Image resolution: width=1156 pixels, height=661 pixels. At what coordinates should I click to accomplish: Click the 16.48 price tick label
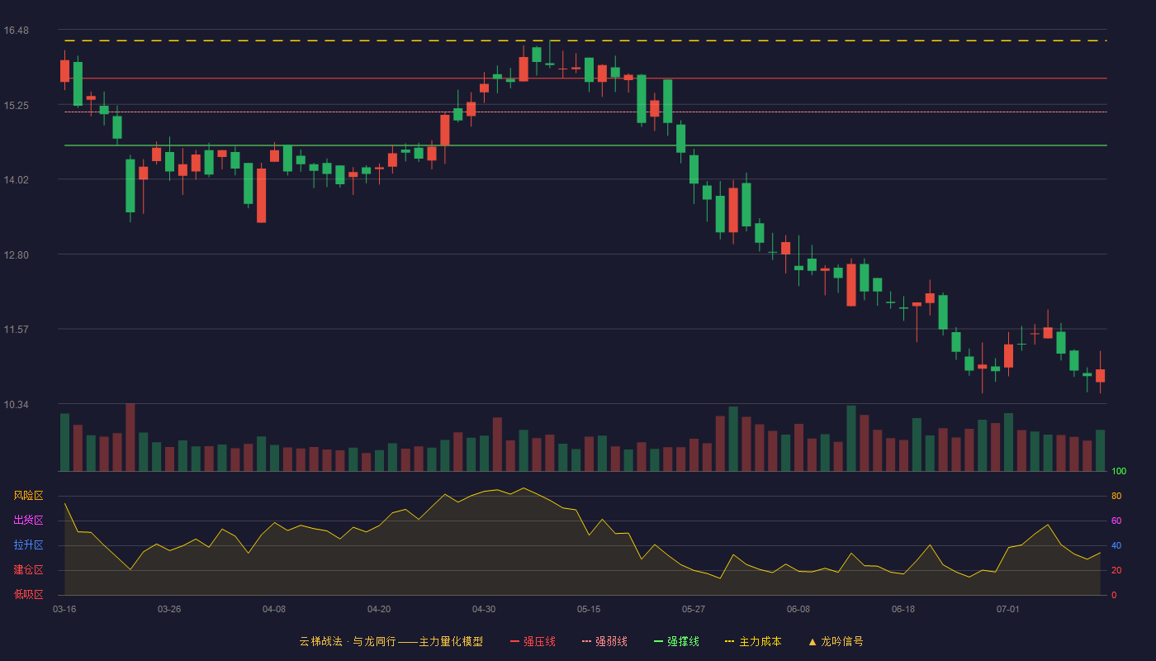[x=16, y=31]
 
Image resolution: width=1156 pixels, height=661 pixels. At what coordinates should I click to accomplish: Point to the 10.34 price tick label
[x=16, y=405]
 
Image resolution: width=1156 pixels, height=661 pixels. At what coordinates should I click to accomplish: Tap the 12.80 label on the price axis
[x=16, y=255]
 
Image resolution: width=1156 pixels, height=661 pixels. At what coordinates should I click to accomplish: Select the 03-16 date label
[x=64, y=610]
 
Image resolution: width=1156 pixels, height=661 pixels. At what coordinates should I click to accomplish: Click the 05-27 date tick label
[x=693, y=610]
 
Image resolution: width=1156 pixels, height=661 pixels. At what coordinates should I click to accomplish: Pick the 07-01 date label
[x=1008, y=610]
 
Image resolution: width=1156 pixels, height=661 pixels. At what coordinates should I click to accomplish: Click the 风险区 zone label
[x=28, y=496]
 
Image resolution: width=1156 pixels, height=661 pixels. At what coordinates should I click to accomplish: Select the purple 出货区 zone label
[x=28, y=520]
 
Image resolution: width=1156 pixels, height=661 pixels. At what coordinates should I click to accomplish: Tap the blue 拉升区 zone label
[x=28, y=544]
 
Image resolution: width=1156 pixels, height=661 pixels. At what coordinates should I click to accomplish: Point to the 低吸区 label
[x=28, y=594]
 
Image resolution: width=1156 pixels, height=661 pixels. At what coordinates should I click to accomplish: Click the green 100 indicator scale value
[x=1119, y=471]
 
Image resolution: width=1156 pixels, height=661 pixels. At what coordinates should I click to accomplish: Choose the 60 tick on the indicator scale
[x=1116, y=521]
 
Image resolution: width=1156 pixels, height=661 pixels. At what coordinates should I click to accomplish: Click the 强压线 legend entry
[x=533, y=641]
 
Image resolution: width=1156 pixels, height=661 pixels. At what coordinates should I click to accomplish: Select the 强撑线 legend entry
[x=676, y=641]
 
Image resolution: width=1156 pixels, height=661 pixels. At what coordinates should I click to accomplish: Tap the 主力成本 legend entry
[x=753, y=641]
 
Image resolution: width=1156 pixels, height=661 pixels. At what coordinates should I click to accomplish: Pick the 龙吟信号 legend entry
[x=836, y=641]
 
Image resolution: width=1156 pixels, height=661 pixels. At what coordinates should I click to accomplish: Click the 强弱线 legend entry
[x=604, y=641]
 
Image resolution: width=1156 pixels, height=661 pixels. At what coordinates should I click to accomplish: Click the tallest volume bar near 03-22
[x=130, y=437]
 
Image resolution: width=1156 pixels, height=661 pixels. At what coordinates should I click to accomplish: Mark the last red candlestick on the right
[x=1100, y=375]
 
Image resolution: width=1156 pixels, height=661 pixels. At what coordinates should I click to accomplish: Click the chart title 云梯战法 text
[x=321, y=641]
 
